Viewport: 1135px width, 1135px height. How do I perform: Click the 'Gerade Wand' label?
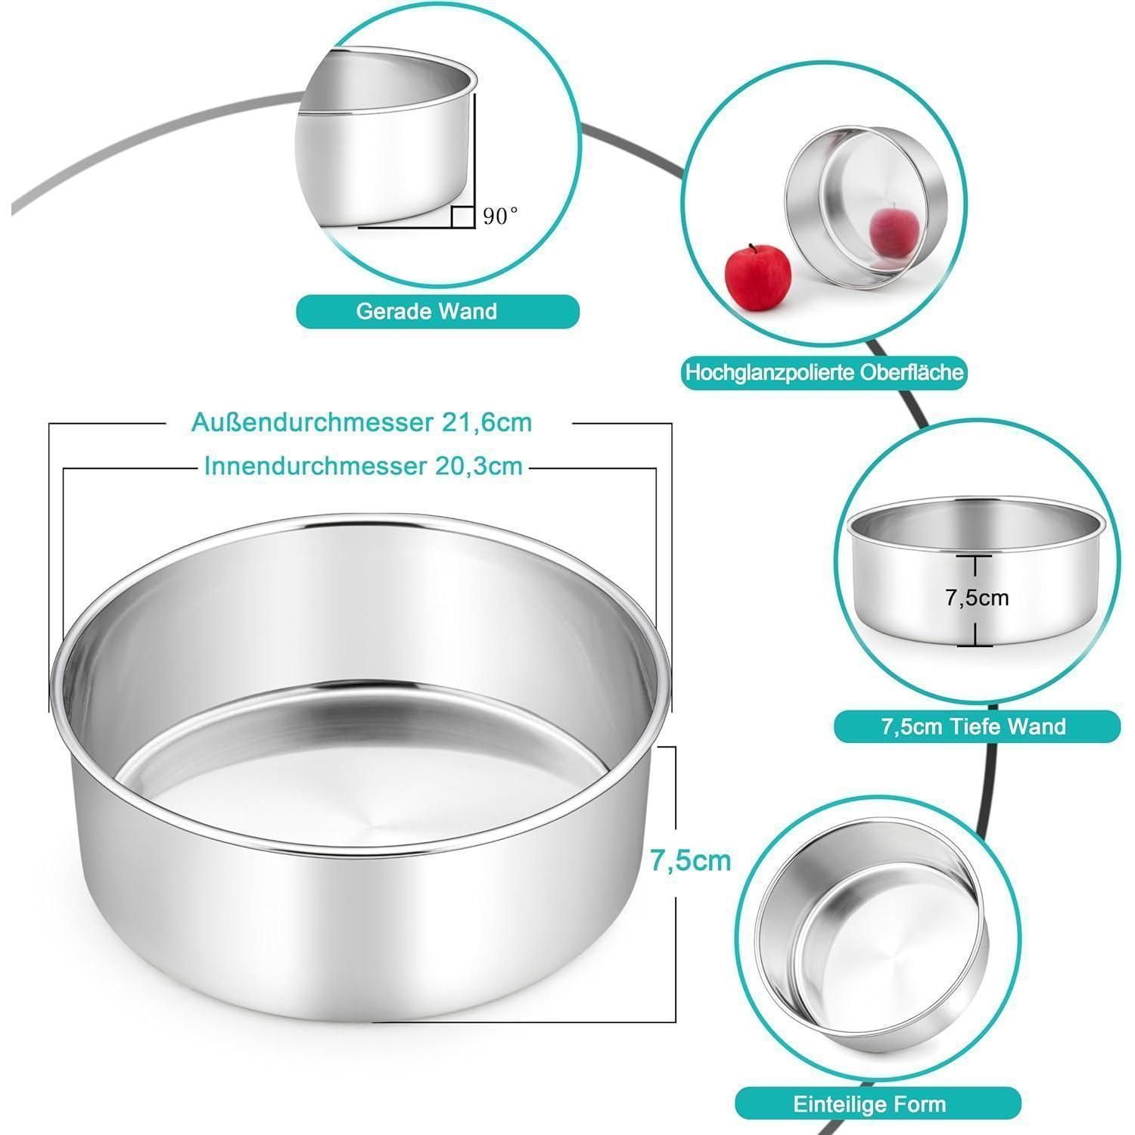pos(437,311)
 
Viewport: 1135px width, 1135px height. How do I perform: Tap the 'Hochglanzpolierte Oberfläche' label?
pos(823,372)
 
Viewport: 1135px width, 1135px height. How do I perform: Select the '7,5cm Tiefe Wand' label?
pos(977,727)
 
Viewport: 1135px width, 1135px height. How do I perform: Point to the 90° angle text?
pos(501,216)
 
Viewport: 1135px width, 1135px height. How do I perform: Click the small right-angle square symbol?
pos(462,216)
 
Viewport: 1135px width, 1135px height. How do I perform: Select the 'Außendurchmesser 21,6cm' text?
pos(362,422)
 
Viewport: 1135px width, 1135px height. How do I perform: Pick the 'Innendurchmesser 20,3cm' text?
pos(363,466)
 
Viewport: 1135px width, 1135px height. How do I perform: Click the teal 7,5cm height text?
pos(691,860)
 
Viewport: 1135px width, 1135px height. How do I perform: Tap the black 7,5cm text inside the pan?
pos(977,598)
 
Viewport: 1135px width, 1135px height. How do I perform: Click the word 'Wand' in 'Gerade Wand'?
pos(470,311)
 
